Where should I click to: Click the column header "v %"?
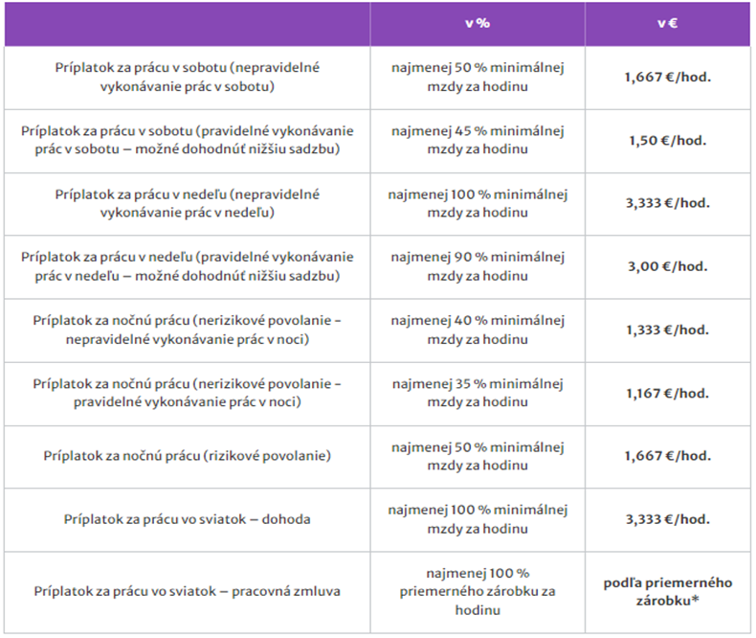pyautogui.click(x=477, y=24)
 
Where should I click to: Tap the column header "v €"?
pyautogui.click(x=667, y=24)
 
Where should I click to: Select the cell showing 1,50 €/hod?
pyautogui.click(x=668, y=141)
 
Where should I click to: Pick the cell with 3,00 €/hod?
pyautogui.click(x=668, y=267)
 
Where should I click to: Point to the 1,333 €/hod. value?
pyautogui.click(x=668, y=330)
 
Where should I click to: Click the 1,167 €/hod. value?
pyautogui.click(x=668, y=394)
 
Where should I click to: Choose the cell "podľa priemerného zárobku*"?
pyautogui.click(x=668, y=592)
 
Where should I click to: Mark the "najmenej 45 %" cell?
pyautogui.click(x=478, y=141)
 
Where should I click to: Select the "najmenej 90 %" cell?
pyautogui.click(x=478, y=267)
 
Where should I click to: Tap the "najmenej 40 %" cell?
pyautogui.click(x=478, y=330)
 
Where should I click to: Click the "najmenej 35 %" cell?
pyautogui.click(x=478, y=394)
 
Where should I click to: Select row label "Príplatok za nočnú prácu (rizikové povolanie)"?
pyautogui.click(x=188, y=456)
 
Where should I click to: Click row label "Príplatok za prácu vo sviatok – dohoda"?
pyautogui.click(x=188, y=519)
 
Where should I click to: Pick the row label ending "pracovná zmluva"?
pyautogui.click(x=188, y=592)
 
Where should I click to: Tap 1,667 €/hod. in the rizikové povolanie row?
pyautogui.click(x=668, y=456)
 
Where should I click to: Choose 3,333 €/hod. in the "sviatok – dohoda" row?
pyautogui.click(x=668, y=519)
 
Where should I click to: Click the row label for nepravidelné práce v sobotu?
pyautogui.click(x=188, y=78)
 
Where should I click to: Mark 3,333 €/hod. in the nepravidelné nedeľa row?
pyautogui.click(x=668, y=204)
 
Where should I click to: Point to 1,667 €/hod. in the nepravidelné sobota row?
pyautogui.click(x=668, y=78)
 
